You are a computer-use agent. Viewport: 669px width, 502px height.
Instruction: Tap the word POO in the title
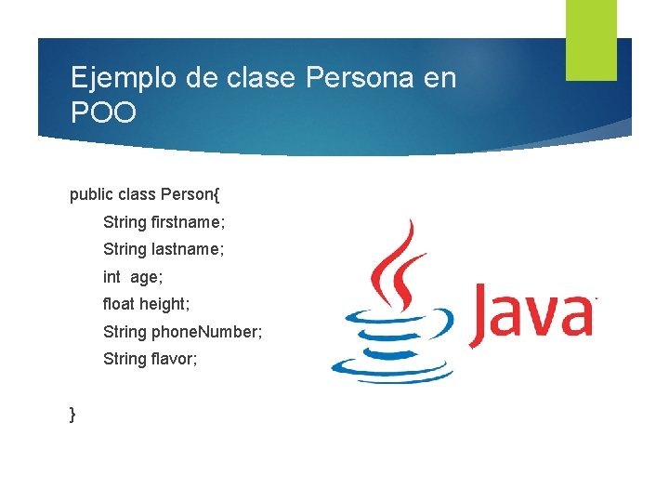tap(103, 113)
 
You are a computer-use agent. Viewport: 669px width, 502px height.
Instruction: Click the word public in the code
tap(90, 195)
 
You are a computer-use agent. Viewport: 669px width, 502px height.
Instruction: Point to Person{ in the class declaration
tap(190, 195)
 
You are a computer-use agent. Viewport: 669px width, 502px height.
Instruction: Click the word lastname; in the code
tap(188, 249)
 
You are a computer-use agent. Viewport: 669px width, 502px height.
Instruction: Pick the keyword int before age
tap(112, 276)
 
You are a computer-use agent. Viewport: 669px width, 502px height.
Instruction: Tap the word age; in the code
tap(145, 277)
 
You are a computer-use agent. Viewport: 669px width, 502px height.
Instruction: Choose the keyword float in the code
tap(119, 304)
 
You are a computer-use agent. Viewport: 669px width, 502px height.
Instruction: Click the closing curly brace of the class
tap(73, 414)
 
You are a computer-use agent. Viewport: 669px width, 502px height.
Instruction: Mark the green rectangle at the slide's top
tap(591, 40)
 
